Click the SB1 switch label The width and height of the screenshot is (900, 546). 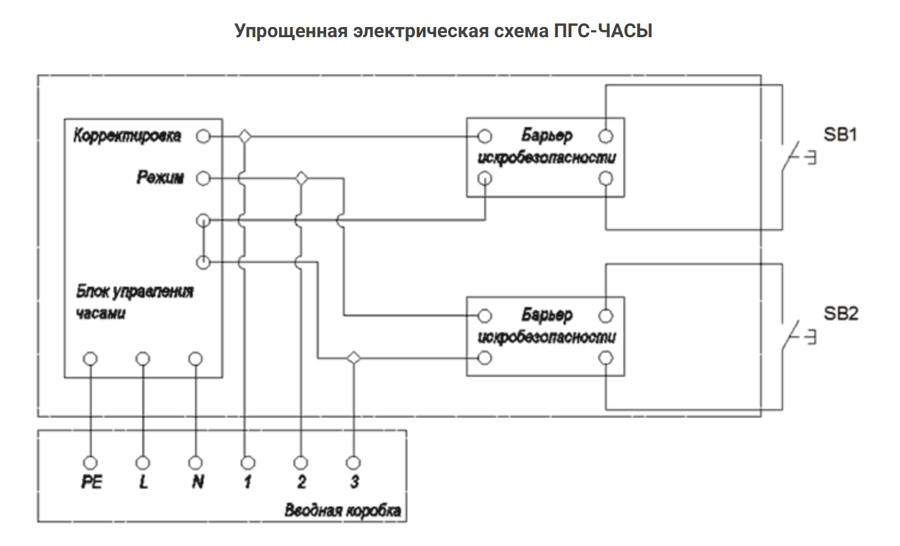(x=840, y=134)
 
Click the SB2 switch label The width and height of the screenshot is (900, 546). (x=841, y=313)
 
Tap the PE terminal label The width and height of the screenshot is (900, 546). (x=91, y=482)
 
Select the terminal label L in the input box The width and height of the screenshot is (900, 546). (x=143, y=482)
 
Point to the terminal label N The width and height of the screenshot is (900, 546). (x=197, y=482)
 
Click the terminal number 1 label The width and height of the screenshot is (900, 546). (x=247, y=482)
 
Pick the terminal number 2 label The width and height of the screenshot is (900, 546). (x=301, y=482)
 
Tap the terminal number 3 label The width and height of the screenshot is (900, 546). (x=354, y=482)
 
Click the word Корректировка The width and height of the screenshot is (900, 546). (x=127, y=136)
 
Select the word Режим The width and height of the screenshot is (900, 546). (x=160, y=178)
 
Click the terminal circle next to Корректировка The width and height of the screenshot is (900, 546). (x=204, y=137)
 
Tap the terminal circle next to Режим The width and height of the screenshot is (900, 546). (x=204, y=178)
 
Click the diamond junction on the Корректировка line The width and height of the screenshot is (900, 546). (x=244, y=137)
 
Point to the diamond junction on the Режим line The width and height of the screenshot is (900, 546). (x=301, y=178)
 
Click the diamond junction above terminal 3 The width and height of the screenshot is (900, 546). (x=354, y=358)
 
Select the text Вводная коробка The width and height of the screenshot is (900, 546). (x=343, y=511)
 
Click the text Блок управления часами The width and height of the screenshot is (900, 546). (x=134, y=302)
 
